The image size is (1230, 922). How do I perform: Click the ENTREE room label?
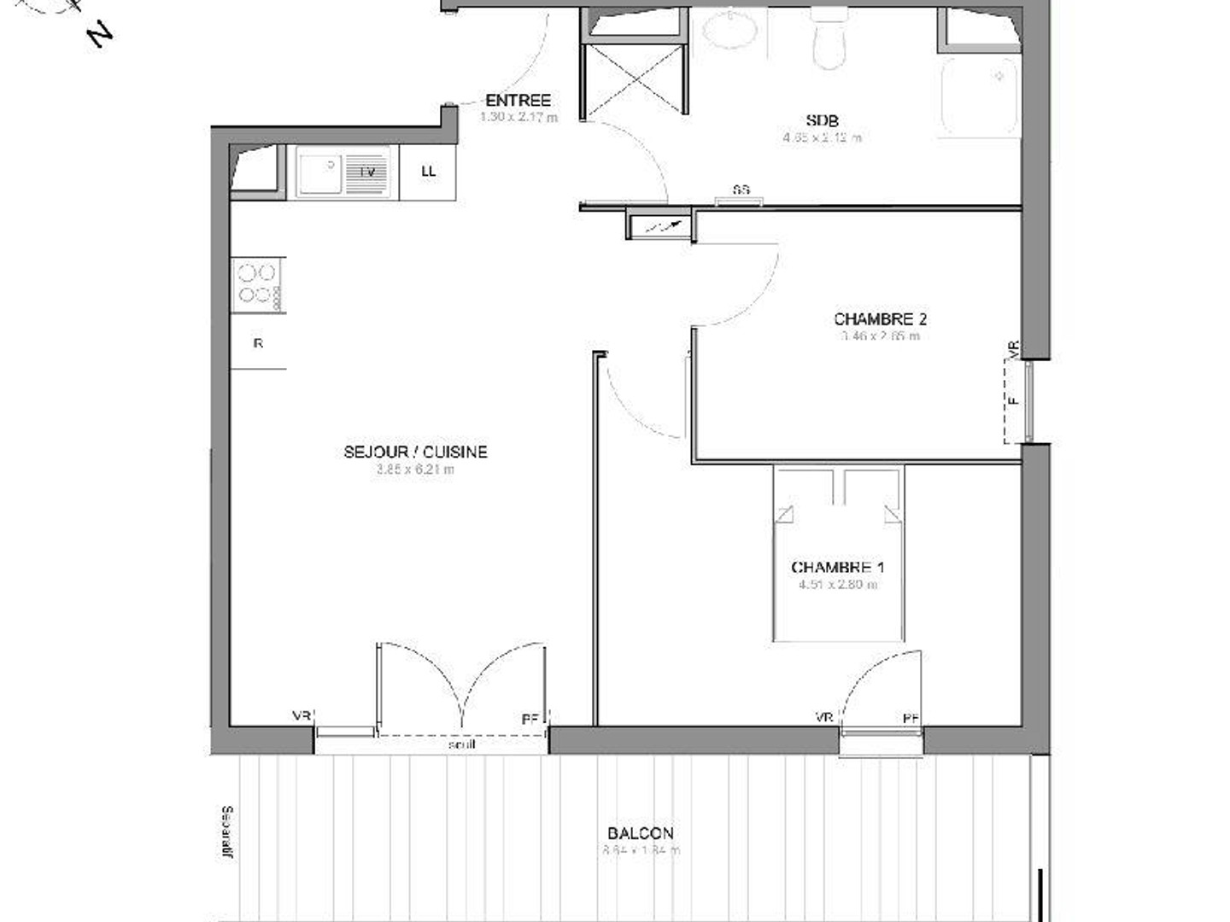518,101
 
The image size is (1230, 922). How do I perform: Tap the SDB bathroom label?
822,120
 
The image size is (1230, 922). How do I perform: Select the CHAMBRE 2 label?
880,319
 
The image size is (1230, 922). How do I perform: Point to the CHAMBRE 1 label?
837,568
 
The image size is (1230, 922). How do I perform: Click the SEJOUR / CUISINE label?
415,452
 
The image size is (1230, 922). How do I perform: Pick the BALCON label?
641,833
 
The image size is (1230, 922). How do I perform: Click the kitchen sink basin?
320,173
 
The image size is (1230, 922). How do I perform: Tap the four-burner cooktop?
257,284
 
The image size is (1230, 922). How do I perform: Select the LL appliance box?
428,172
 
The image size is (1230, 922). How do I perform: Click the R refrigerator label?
258,344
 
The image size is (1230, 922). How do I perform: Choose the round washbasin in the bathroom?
730,32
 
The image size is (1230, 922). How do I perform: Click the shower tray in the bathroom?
980,96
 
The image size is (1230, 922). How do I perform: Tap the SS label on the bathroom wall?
741,190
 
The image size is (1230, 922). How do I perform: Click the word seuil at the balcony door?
461,744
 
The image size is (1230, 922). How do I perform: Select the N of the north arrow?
101,34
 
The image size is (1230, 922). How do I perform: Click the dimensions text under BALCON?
641,850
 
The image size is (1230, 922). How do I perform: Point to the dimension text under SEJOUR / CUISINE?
415,470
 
